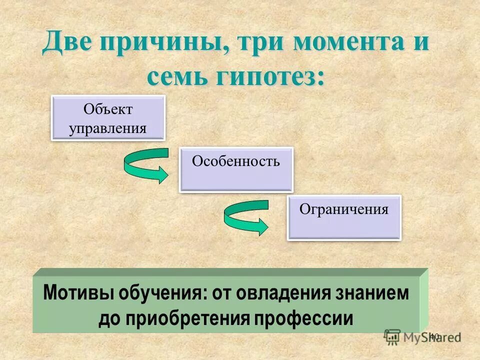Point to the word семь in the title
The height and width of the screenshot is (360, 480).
[x=176, y=77]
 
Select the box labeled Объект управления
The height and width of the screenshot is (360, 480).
[x=108, y=118]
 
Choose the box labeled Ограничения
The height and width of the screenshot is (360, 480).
[x=344, y=217]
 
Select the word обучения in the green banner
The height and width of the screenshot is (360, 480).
[x=161, y=294]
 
